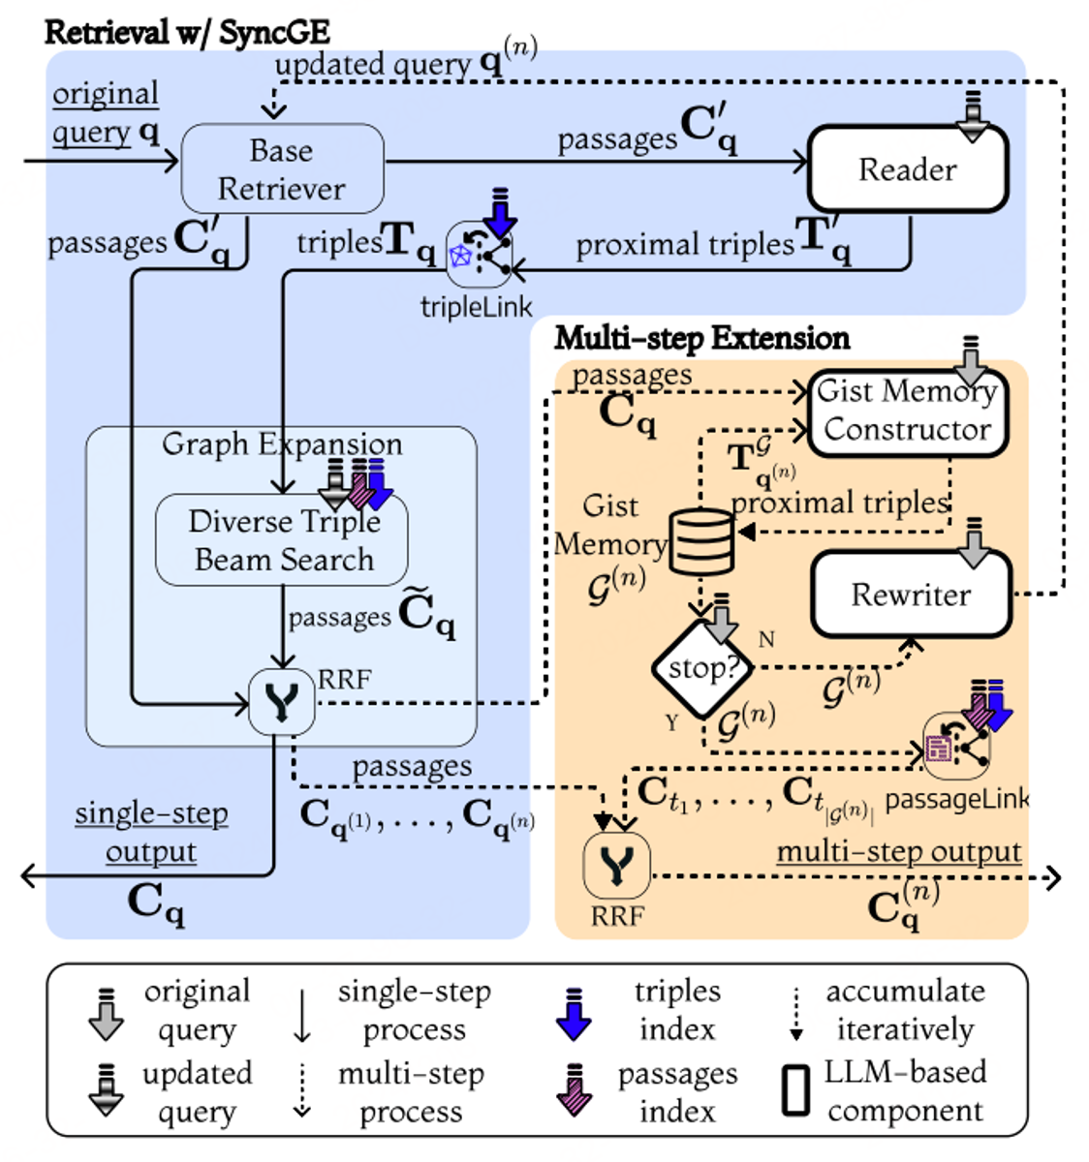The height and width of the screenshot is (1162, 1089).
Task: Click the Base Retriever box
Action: coord(282,169)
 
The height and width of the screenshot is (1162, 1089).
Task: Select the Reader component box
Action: coord(908,169)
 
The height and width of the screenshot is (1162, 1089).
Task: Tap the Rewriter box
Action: coord(911,595)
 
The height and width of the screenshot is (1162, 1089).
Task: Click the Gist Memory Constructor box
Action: coord(907,412)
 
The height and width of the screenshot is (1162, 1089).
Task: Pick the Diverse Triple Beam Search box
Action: coord(282,540)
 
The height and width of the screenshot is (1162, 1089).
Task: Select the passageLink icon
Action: coord(955,747)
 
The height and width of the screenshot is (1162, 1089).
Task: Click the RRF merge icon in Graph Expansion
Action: coord(281,702)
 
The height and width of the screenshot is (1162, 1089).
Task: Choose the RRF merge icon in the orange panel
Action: coord(617,865)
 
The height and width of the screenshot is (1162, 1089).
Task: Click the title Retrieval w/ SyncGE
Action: coord(187,32)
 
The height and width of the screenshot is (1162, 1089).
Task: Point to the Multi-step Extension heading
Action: coord(701,338)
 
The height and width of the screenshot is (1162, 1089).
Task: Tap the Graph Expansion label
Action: coord(281,444)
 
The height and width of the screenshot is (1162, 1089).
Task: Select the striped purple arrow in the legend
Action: coord(576,1091)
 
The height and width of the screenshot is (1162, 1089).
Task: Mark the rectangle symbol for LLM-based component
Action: coord(795,1090)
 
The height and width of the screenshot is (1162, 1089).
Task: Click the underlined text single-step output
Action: coord(151,832)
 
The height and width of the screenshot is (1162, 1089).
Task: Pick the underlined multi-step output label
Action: coord(898,852)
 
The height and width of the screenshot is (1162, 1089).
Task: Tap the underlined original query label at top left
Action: coord(106,112)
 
